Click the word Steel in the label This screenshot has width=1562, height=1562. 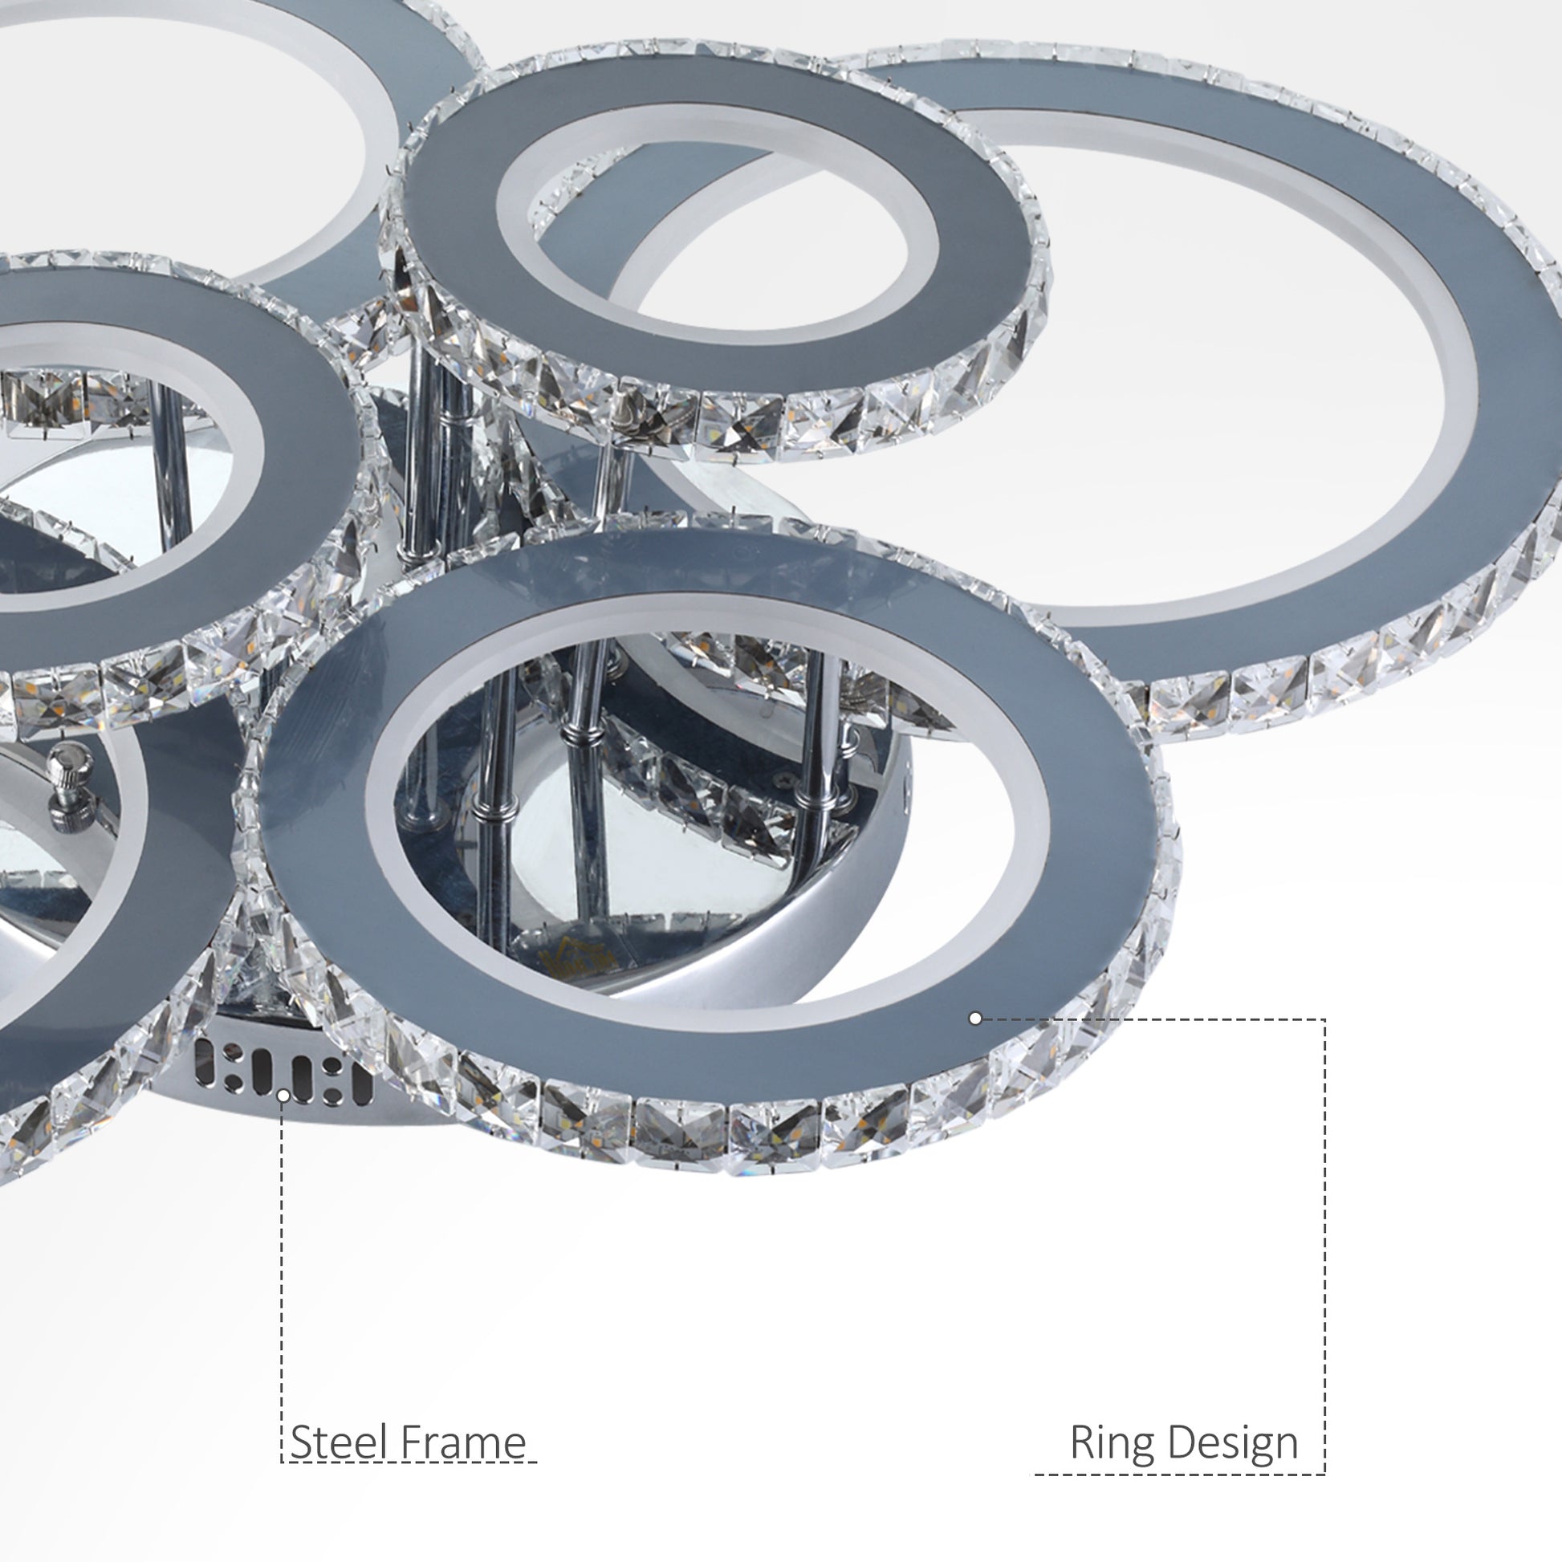coord(339,1442)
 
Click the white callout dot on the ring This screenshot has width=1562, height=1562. coord(975,1019)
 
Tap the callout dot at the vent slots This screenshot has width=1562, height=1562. coord(284,1096)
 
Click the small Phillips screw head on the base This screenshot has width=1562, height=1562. coord(782,781)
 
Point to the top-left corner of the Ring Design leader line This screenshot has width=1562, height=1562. coord(1324,1019)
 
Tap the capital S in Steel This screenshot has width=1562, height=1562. coord(301,1442)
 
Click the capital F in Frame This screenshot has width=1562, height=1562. coord(410,1442)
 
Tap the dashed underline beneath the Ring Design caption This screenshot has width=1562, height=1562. coord(1181,1475)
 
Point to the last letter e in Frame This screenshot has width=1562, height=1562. coord(515,1446)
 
